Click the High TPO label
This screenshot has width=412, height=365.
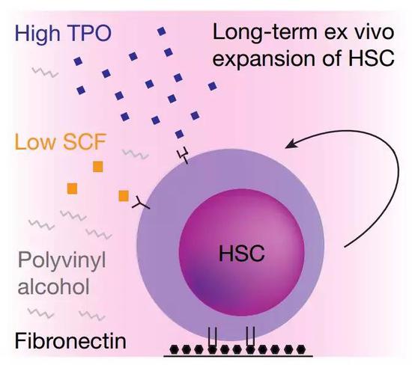pyautogui.click(x=64, y=34)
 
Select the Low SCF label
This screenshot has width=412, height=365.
pyautogui.click(x=61, y=141)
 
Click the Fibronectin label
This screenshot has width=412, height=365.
pyautogui.click(x=70, y=340)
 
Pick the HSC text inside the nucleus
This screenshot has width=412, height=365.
pyautogui.click(x=242, y=253)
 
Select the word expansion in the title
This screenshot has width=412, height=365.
pyautogui.click(x=264, y=58)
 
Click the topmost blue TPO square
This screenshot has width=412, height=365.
pyautogui.click(x=162, y=31)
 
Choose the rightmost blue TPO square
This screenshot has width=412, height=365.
pyautogui.click(x=212, y=86)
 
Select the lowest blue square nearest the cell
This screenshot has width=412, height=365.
pyautogui.click(x=179, y=134)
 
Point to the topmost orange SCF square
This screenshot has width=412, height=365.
pyautogui.click(x=97, y=167)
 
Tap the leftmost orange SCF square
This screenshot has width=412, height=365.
pyautogui.click(x=72, y=188)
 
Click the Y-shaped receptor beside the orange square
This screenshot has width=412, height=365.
pyautogui.click(x=141, y=203)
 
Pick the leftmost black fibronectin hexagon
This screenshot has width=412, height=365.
pyautogui.click(x=175, y=349)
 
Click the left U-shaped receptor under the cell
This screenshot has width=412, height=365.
pyautogui.click(x=212, y=337)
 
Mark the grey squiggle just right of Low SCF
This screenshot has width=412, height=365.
pyautogui.click(x=135, y=154)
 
